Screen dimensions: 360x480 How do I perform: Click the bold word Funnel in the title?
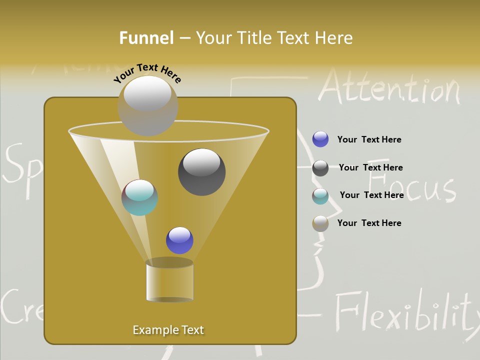click(x=146, y=38)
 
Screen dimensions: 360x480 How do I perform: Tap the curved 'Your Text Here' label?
click(x=147, y=73)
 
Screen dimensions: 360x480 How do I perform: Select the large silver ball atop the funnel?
click(x=147, y=105)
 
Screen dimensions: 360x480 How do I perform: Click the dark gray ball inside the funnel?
click(x=202, y=171)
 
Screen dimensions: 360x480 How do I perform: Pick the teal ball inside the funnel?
click(x=139, y=197)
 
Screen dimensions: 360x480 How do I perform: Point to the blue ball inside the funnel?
click(x=179, y=240)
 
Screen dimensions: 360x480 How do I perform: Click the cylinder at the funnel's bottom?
click(x=169, y=281)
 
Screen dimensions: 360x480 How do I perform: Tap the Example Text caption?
click(x=168, y=330)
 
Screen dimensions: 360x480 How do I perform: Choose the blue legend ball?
click(x=320, y=139)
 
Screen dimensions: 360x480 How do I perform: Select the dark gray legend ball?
click(x=320, y=168)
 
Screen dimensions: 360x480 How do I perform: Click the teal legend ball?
click(x=320, y=196)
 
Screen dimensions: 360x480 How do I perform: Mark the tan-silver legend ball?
click(x=320, y=223)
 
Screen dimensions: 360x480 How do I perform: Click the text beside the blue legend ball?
click(x=369, y=139)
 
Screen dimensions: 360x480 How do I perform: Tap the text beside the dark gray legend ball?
click(x=370, y=167)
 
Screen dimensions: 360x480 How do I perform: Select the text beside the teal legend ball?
click(x=371, y=195)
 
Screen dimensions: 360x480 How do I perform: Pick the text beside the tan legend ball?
click(x=369, y=223)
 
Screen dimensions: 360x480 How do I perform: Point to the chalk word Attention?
click(x=389, y=88)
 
